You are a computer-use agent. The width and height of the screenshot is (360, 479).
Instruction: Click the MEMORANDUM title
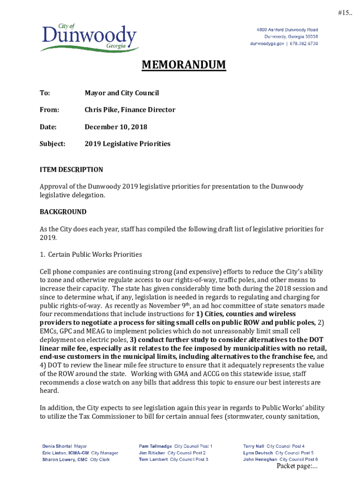pos(184,65)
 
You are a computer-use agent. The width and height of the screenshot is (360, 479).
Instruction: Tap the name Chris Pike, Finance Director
pos(130,110)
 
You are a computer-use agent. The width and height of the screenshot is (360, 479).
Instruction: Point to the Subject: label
pos(52,144)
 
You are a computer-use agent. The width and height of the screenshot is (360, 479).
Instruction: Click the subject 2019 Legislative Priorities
pos(128,144)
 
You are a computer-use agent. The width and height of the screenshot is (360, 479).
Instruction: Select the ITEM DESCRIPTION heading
pos(72,169)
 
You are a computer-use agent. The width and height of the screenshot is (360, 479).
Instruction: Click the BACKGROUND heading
pos(63,212)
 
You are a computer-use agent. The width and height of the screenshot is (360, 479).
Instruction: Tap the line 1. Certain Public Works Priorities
pos(91,254)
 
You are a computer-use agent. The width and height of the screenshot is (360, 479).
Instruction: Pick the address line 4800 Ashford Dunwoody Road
pos(287,30)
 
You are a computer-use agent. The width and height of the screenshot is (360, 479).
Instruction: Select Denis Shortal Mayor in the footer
pos(65,446)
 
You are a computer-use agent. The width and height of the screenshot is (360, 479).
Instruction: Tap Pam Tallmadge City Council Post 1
pos(175,446)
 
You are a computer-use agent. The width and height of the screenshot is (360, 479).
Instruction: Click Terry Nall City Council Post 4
pos(274,446)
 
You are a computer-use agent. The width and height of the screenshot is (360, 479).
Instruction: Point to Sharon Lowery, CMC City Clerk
pos(76,459)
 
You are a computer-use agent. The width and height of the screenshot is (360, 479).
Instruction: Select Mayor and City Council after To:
pos(122,93)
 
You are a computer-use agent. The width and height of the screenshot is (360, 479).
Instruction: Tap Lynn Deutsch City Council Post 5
pos(278,453)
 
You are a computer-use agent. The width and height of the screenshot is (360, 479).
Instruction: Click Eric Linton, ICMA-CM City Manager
pos(80,453)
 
